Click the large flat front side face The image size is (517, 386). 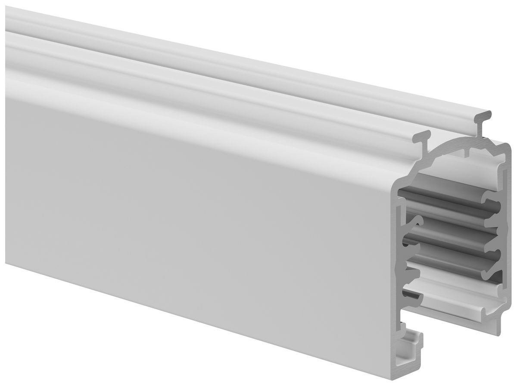pyautogui.click(x=194, y=224)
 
